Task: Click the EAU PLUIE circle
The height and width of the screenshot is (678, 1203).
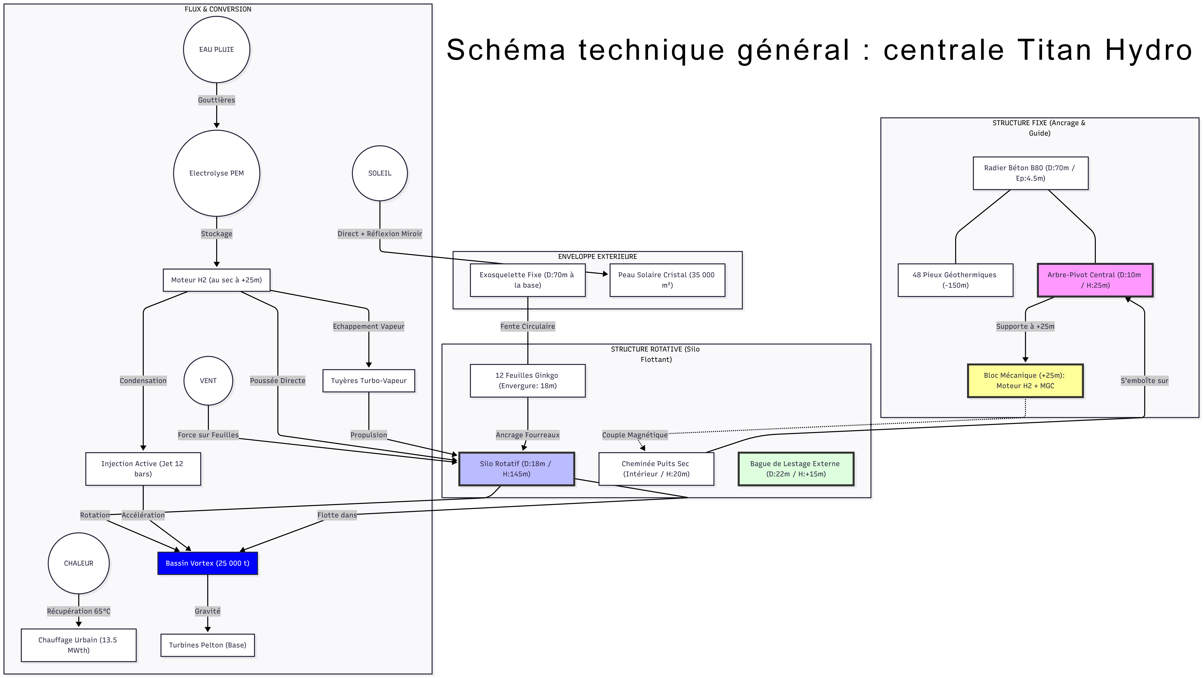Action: pos(216,49)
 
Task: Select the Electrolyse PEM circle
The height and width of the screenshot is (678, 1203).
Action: pos(216,173)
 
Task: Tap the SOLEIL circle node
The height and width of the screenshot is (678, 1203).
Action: pos(380,173)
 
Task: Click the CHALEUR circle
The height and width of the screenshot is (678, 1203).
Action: pos(78,563)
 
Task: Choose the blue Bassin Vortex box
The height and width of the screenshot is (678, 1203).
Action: pos(207,563)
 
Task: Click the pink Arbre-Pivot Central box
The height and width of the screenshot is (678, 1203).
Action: pos(1095,280)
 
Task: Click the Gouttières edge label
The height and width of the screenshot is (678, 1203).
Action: pos(216,100)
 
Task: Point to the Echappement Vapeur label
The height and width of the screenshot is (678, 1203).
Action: pos(368,326)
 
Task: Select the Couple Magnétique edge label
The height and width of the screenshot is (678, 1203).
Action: pos(635,435)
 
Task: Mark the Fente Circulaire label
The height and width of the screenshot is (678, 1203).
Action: pos(528,326)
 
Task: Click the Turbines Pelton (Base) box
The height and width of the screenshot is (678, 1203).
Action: pos(207,645)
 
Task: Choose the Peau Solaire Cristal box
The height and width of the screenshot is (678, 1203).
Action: pos(667,280)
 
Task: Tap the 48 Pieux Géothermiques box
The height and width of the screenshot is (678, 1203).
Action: pos(955,280)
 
